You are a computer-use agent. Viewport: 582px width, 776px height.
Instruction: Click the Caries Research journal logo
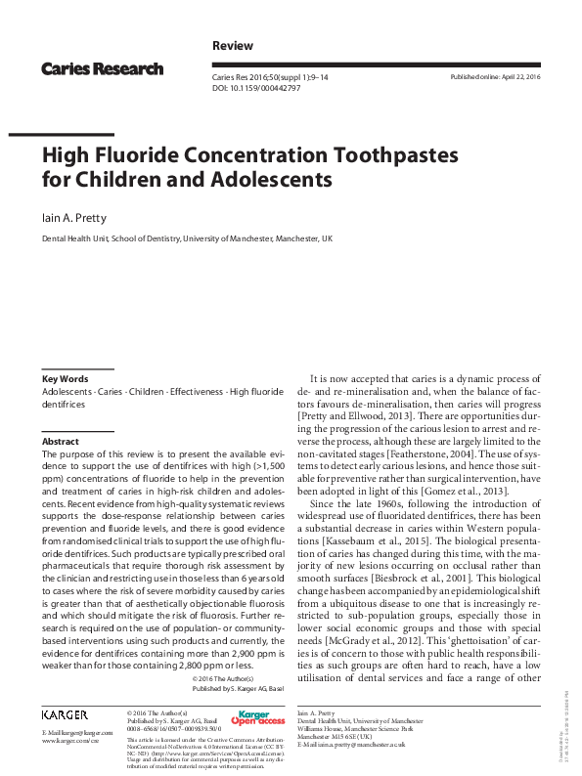point(102,68)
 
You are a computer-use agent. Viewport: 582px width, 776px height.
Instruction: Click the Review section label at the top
point(232,46)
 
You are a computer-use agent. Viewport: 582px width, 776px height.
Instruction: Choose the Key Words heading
point(65,378)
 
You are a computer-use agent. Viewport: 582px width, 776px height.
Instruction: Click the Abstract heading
point(60,442)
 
